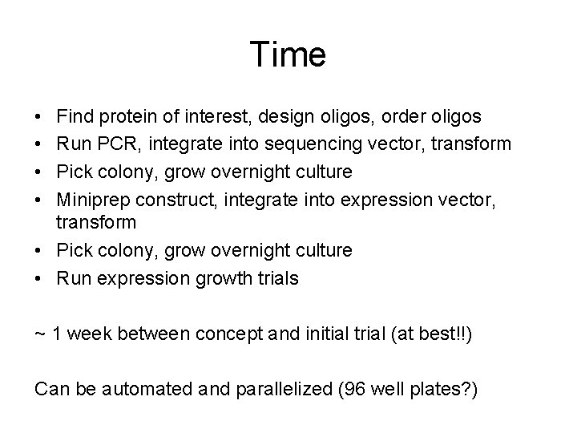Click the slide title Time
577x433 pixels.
point(288,55)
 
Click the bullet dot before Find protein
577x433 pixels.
point(40,117)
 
